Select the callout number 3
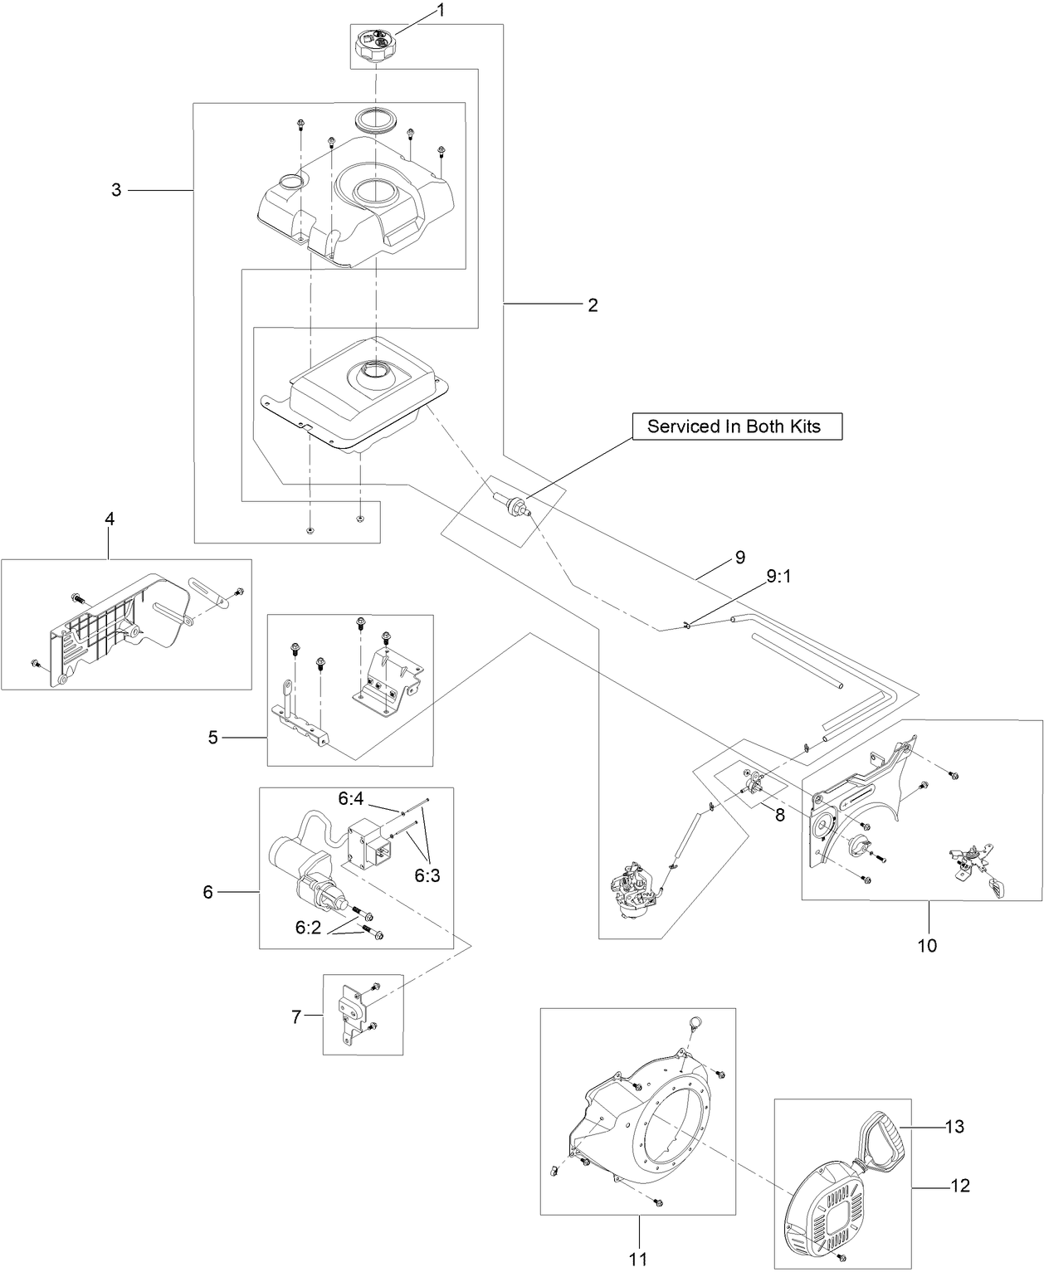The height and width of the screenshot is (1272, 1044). (116, 190)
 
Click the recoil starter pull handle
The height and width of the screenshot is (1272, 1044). (881, 1141)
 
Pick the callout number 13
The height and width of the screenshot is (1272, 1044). (955, 1126)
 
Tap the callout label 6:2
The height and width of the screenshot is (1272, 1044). (308, 928)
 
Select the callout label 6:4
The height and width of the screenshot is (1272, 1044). (350, 799)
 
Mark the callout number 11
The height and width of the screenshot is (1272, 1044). (637, 1258)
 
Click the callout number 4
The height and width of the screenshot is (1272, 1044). (110, 519)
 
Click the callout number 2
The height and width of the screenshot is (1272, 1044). (593, 305)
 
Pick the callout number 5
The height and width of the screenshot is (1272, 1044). (213, 737)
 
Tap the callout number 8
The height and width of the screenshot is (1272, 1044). (780, 815)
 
